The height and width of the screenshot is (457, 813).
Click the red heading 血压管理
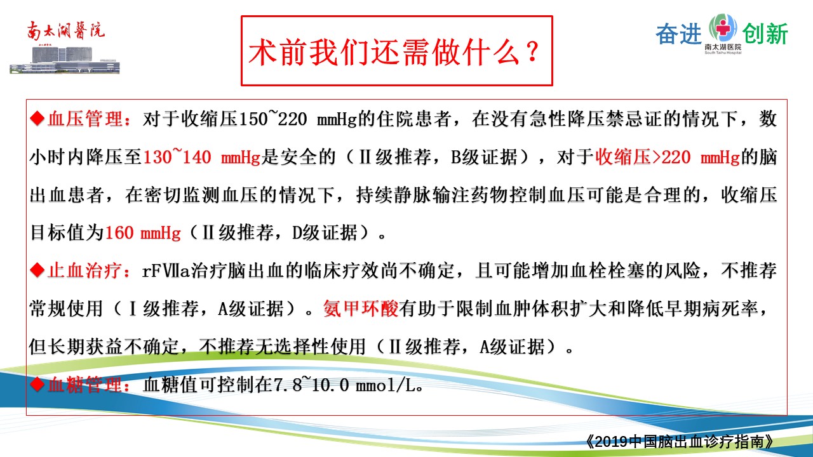click(x=85, y=119)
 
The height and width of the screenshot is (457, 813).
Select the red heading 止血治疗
click(x=85, y=270)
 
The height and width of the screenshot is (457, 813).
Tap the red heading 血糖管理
click(x=85, y=385)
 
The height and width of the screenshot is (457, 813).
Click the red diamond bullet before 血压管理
click(x=37, y=119)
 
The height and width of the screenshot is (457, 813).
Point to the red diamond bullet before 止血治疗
click(x=37, y=270)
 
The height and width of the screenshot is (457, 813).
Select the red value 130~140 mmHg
click(x=202, y=157)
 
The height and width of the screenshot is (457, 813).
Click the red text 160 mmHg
click(x=143, y=232)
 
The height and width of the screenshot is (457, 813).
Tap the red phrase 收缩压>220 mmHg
click(x=668, y=157)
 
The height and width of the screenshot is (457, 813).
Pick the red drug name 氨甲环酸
click(x=361, y=308)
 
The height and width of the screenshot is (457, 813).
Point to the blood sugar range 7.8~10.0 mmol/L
click(x=347, y=385)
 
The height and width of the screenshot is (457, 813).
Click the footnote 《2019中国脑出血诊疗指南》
click(x=680, y=441)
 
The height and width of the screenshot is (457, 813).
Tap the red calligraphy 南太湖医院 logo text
click(x=65, y=30)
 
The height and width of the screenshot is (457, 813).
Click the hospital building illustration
click(x=65, y=59)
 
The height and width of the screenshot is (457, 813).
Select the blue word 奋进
click(x=679, y=34)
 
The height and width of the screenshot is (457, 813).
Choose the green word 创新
click(x=765, y=34)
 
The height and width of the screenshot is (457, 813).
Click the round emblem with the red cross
click(x=723, y=27)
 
